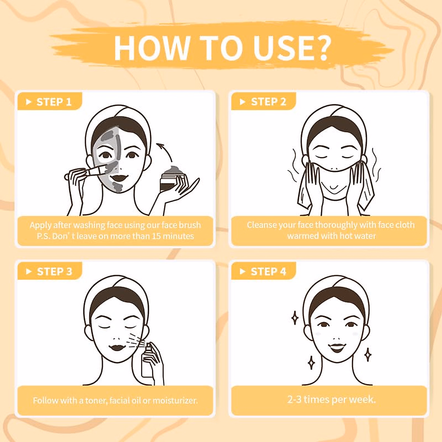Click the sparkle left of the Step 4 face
[x=295, y=318]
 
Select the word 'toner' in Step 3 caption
[x=96, y=400]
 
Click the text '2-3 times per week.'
[x=331, y=400]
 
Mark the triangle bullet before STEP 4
[x=242, y=272]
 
